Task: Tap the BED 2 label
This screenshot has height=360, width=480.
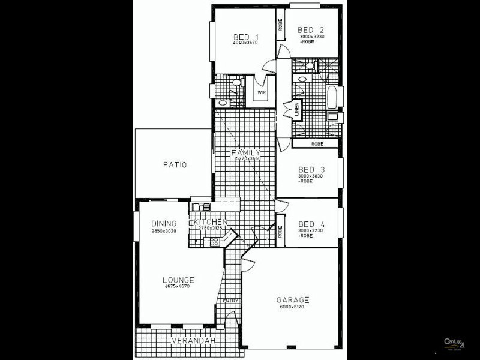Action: (x=310, y=30)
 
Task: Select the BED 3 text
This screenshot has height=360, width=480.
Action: (x=310, y=168)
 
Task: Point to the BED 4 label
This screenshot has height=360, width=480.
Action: (x=310, y=222)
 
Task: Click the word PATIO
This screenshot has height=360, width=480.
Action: (x=175, y=164)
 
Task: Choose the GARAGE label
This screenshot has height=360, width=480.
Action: (x=292, y=299)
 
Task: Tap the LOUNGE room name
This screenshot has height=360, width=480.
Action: (x=178, y=280)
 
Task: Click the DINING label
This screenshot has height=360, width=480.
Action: (x=163, y=223)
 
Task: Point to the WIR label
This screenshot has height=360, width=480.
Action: (x=262, y=93)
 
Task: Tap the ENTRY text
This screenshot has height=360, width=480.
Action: (x=232, y=301)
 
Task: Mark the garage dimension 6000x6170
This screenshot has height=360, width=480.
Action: (x=292, y=307)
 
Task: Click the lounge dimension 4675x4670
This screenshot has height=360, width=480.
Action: (x=178, y=287)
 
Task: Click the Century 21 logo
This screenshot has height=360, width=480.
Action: (x=454, y=343)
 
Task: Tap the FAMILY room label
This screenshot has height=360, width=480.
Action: (x=245, y=153)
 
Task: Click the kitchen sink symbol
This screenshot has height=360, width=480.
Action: (x=200, y=208)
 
